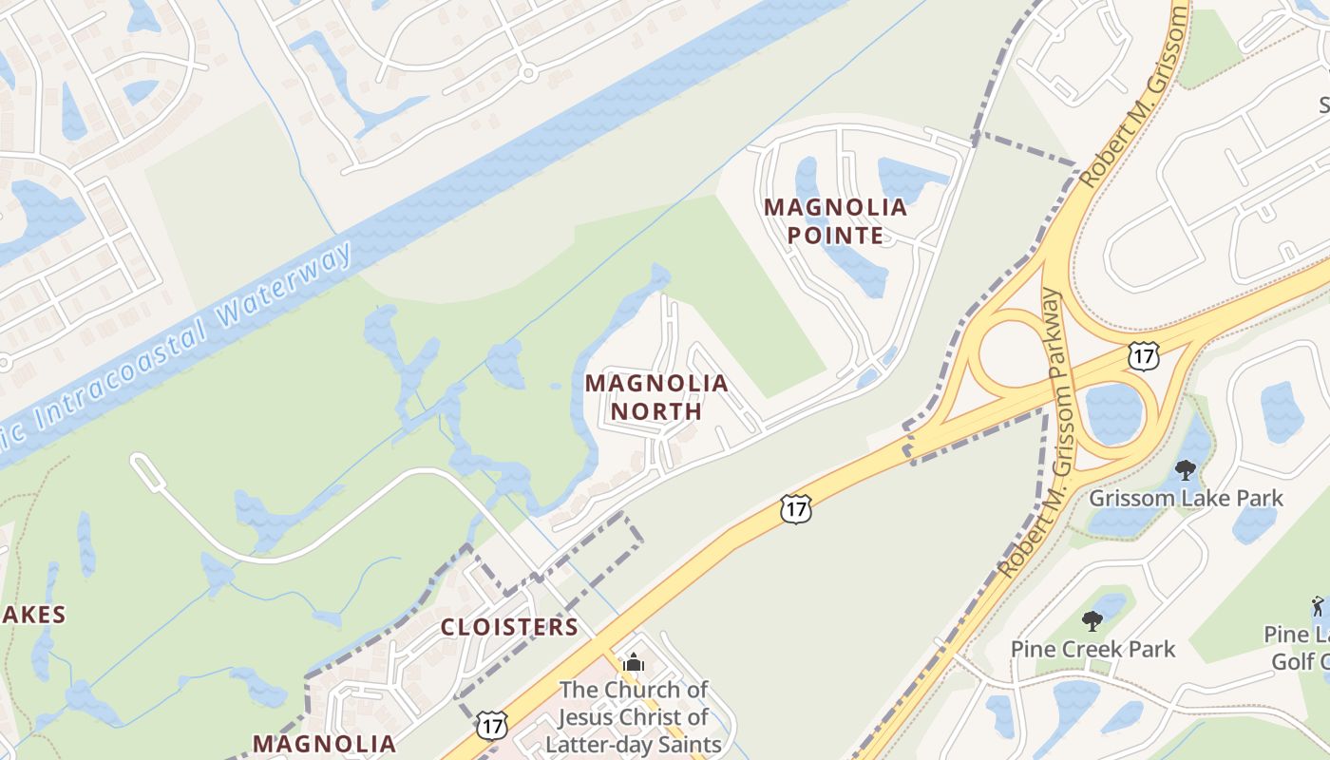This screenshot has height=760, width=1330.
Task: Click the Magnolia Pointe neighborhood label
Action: pos(836,220)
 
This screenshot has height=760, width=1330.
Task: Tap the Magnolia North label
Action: pos(656,397)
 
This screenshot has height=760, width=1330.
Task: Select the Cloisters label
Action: pos(509,627)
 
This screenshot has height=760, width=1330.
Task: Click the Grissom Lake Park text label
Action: pos(1186,498)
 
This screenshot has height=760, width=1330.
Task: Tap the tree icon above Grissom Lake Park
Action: pos(1185,469)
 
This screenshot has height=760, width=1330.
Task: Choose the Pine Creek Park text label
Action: pos(1092,649)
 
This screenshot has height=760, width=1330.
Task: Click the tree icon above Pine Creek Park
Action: pos(1092,621)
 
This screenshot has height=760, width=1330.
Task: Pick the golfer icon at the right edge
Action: pos(1317,605)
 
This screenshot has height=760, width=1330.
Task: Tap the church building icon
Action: pos(634,662)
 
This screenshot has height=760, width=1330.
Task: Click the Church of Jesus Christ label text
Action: pos(634,716)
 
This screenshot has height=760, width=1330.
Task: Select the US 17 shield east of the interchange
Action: pos(1143,356)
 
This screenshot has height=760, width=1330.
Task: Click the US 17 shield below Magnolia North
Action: pos(795,508)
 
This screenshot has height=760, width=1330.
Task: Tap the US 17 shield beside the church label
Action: pos(491,725)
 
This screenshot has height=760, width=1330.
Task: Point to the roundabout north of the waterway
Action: pos(528,71)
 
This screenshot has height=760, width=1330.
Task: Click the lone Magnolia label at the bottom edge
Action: pos(324,743)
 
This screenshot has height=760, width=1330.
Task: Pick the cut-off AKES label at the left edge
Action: pos(33,615)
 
